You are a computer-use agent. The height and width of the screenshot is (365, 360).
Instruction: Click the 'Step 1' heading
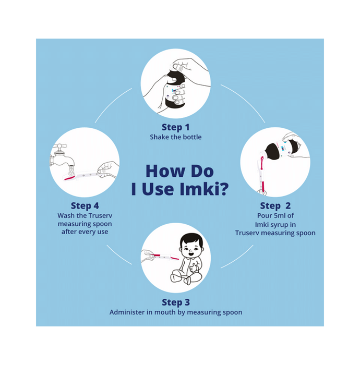(176, 127)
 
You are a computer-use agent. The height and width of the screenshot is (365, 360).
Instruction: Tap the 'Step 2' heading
(275, 205)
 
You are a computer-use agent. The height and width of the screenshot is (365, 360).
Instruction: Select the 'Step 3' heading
(176, 302)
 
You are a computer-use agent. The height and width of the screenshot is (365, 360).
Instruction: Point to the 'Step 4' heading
(85, 205)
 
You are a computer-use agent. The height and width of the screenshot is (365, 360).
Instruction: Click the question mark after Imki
(224, 189)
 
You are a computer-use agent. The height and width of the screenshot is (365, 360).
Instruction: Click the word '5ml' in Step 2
(280, 215)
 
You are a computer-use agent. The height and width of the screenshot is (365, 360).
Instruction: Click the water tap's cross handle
(60, 147)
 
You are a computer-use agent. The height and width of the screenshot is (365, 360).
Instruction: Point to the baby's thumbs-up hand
(193, 267)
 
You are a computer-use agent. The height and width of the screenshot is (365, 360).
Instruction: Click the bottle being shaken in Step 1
(175, 89)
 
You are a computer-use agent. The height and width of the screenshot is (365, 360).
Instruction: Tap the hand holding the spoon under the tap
(108, 169)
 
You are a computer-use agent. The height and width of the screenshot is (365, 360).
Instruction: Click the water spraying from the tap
(71, 172)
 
